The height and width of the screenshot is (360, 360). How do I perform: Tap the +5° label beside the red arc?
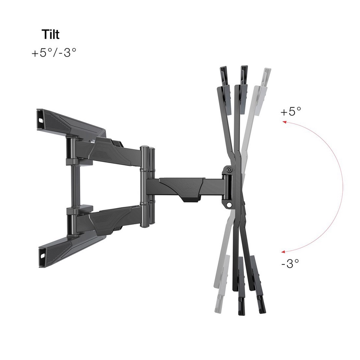291,111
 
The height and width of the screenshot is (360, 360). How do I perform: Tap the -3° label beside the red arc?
290,263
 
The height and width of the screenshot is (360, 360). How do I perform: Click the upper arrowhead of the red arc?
283,122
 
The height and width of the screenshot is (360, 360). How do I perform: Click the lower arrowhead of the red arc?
283,251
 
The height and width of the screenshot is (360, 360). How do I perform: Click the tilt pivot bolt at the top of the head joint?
229,170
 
